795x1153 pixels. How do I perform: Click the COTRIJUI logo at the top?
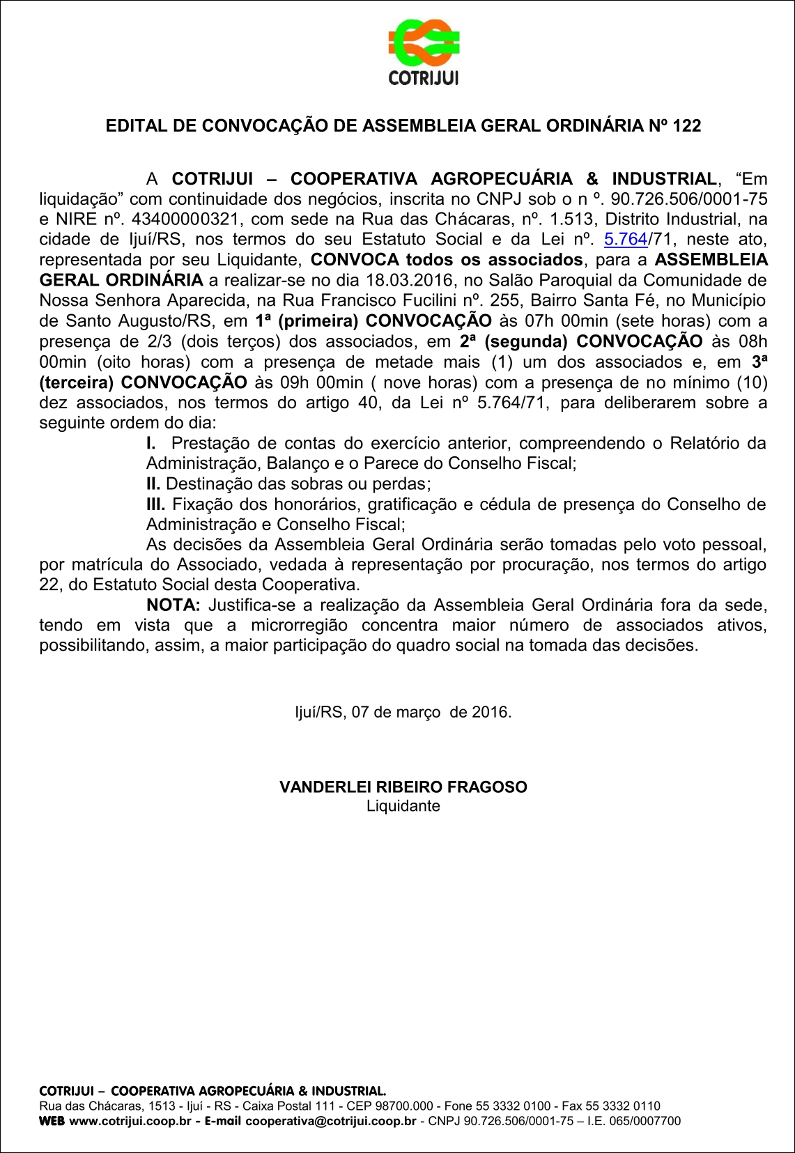point(424,52)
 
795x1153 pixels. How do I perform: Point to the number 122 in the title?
point(687,126)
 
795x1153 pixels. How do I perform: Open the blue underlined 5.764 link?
point(626,240)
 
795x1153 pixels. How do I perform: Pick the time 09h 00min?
point(319,382)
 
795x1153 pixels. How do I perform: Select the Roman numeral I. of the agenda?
point(150,444)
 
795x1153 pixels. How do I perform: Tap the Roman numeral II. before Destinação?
point(153,484)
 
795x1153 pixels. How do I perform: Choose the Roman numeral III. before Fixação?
point(155,504)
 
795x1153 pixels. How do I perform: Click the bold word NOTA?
point(173,605)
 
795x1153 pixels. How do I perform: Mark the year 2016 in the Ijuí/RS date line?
point(490,713)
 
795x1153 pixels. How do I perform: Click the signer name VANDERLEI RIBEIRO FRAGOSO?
point(403,787)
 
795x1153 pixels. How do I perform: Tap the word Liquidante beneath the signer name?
point(403,806)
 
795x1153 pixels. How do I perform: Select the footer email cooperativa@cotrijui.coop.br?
point(330,1121)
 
